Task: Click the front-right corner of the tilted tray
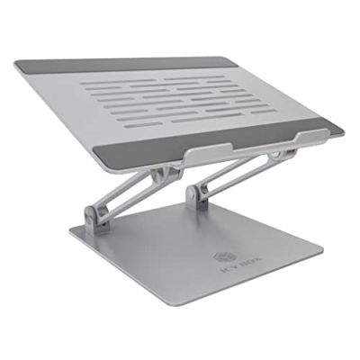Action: tap(342, 131)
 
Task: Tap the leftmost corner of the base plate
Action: tap(70, 238)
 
